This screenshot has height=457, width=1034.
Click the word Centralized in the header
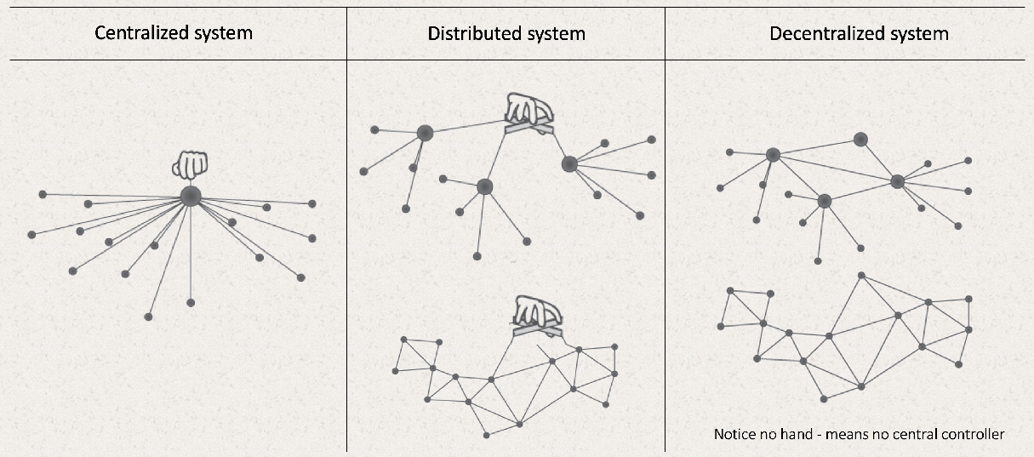point(137,34)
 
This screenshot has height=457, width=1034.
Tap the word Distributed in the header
point(471,34)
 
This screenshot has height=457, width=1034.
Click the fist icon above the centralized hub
point(189,164)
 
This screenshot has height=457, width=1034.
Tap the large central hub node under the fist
point(190,196)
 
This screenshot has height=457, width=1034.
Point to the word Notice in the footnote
point(734,435)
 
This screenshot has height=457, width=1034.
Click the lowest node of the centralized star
point(148,317)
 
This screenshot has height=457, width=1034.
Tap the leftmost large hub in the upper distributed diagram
point(425,132)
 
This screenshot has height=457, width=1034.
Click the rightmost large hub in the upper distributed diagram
point(569,163)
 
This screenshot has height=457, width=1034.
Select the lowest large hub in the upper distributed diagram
point(484,186)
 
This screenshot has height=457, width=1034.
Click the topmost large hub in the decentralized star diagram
point(860,139)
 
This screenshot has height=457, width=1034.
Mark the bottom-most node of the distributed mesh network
point(486,435)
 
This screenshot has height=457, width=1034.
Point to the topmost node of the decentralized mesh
point(861,275)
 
